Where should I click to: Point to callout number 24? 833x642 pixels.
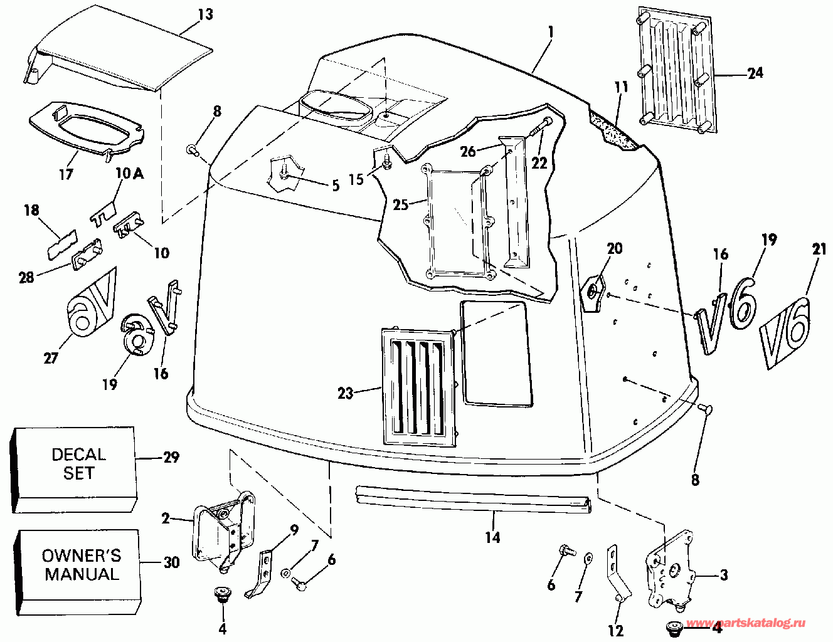pos(755,73)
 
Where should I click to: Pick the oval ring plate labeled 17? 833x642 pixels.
pos(88,125)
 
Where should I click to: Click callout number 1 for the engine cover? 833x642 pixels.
pos(549,30)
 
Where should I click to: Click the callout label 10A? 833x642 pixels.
pos(129,174)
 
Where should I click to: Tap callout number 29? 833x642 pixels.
pos(171,458)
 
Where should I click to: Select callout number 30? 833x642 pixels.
pos(171,563)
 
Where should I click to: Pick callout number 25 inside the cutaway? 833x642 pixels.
pos(401,204)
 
